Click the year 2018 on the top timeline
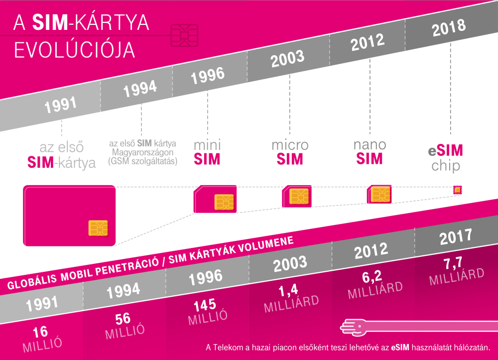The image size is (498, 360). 449,28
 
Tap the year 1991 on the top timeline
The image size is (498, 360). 60,105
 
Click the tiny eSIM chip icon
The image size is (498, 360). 457,190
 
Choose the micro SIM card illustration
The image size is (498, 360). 297,197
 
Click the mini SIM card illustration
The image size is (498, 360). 215,201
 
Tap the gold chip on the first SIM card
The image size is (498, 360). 98,227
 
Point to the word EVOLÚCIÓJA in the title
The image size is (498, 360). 74,50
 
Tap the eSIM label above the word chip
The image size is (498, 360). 446,150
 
